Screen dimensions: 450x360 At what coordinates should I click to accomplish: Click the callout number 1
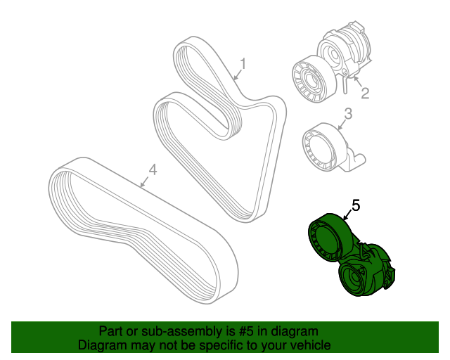pyautogui.click(x=243, y=64)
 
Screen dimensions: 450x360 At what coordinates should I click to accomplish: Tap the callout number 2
pyautogui.click(x=364, y=93)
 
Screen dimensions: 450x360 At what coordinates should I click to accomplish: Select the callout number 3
pyautogui.click(x=348, y=114)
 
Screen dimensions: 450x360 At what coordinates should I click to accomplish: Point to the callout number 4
pyautogui.click(x=153, y=169)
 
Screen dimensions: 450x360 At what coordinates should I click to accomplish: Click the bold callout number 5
pyautogui.click(x=356, y=205)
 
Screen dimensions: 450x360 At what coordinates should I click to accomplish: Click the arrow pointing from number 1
pyautogui.click(x=238, y=75)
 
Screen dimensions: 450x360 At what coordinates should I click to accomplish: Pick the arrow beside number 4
pyautogui.click(x=145, y=181)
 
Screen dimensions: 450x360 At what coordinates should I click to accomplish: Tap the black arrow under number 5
pyautogui.click(x=348, y=215)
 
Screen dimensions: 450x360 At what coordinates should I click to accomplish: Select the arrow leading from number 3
pyautogui.click(x=342, y=125)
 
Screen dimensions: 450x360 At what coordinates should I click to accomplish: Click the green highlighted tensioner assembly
pyautogui.click(x=352, y=255)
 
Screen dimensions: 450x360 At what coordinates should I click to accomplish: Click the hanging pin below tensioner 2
pyautogui.click(x=345, y=85)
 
